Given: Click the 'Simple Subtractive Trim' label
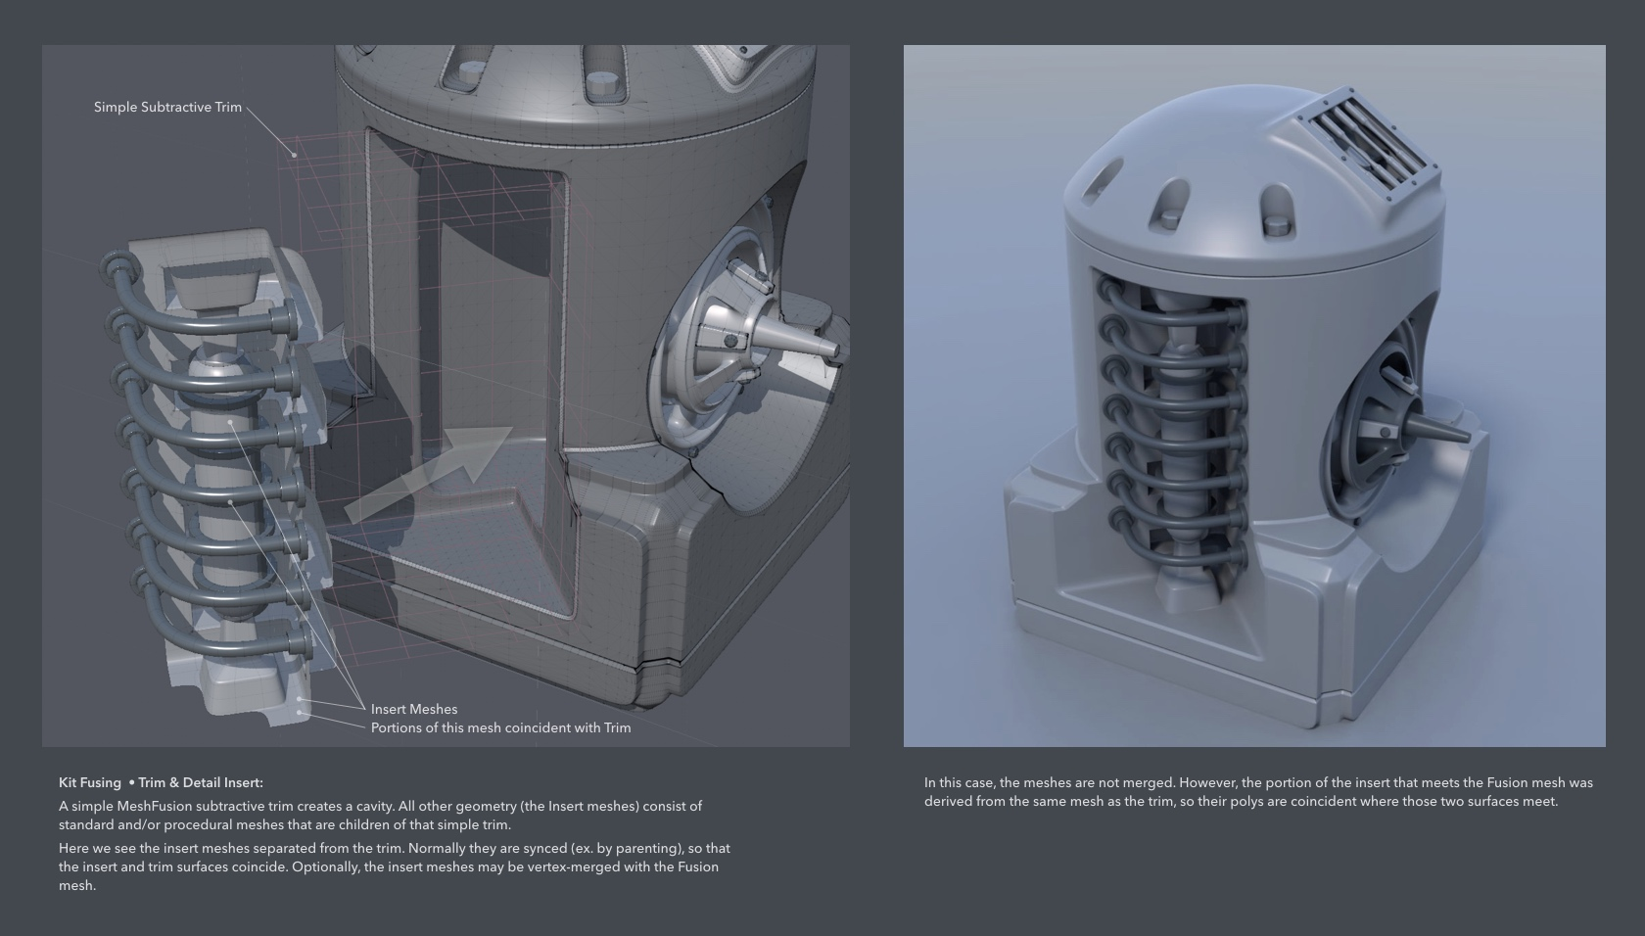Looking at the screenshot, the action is point(167,107).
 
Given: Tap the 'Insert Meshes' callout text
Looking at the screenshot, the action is point(414,709).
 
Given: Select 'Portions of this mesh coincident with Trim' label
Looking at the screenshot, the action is point(501,728).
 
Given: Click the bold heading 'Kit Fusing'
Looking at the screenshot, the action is point(90,782).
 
